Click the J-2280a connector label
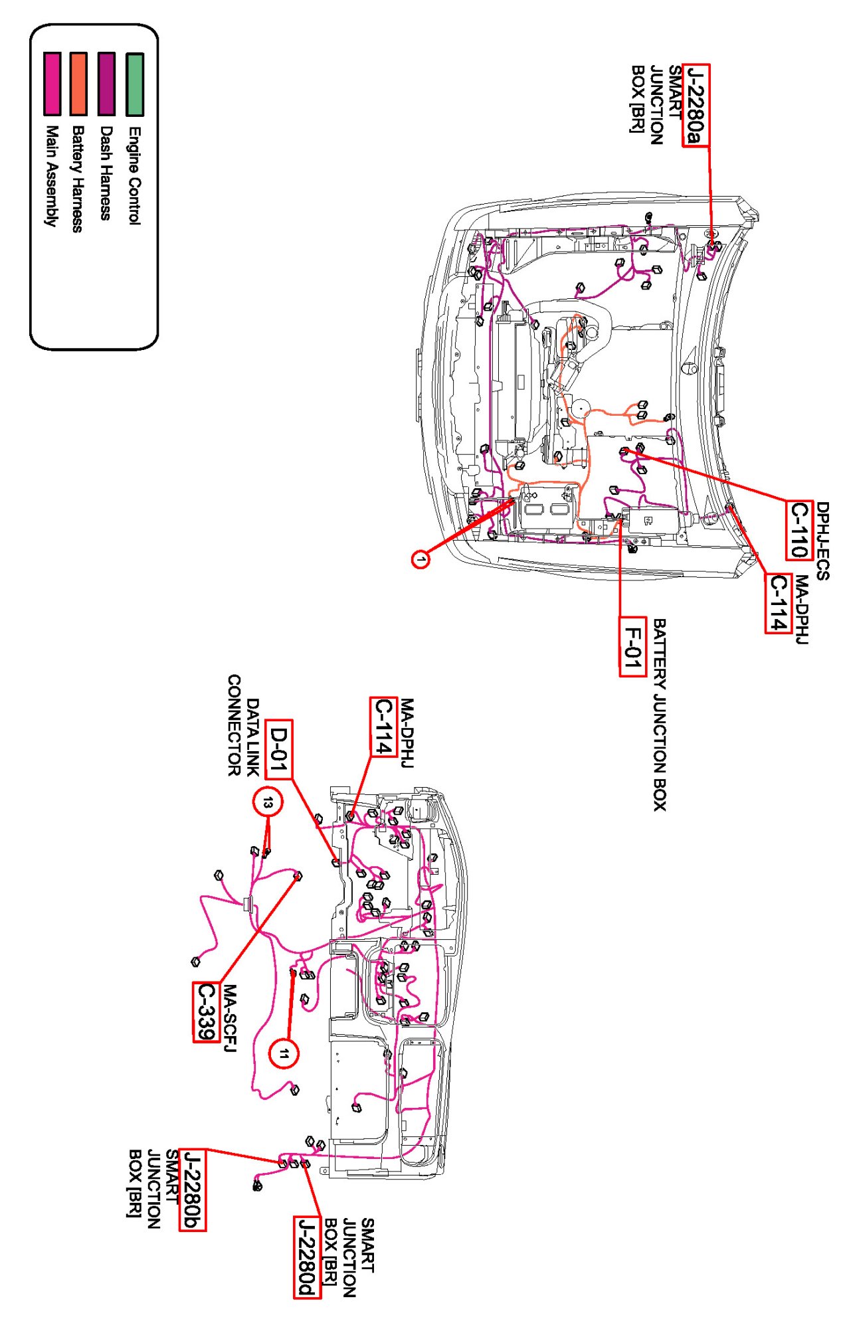coord(696,105)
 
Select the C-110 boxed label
coord(799,529)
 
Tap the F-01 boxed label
coord(632,646)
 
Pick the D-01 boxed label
coord(278,749)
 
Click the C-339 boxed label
coord(206,1012)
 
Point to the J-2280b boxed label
coord(192,1190)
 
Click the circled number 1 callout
coord(420,559)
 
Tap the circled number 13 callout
coord(267,803)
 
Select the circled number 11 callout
coord(284,1053)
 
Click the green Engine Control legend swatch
coord(135,84)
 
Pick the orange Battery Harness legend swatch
coord(78,84)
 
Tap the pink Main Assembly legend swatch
coord(52,84)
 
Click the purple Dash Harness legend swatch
coord(106,84)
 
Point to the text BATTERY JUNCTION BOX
coord(659,715)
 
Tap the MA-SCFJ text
coord(229,1019)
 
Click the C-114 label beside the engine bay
coord(778,603)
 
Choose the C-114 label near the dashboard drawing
coord(383,727)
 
